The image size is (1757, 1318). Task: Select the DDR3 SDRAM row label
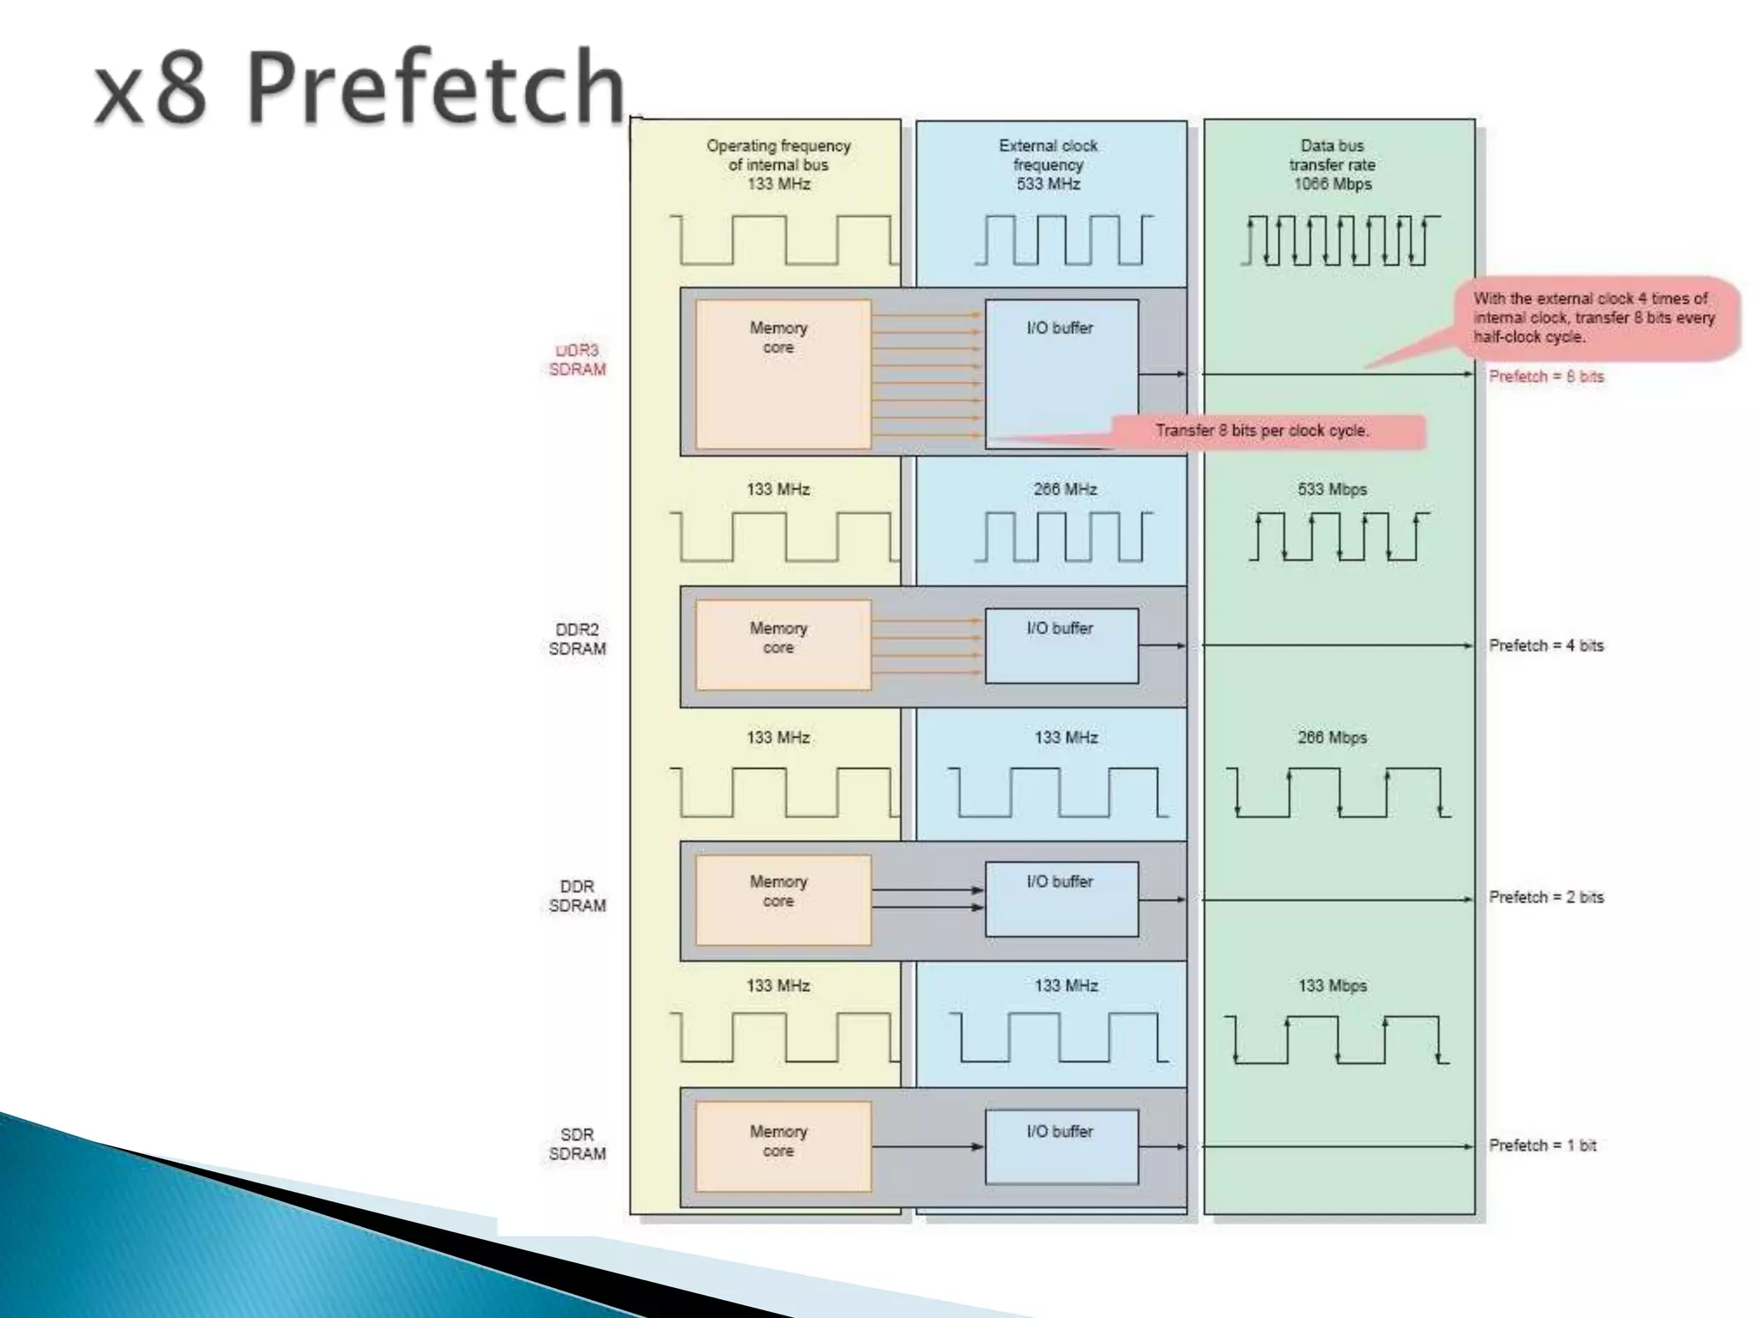(577, 360)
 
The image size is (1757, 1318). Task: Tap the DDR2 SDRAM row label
(577, 639)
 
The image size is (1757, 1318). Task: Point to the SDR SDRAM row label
(577, 1144)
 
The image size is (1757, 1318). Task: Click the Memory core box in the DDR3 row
(782, 373)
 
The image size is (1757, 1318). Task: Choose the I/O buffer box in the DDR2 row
(1061, 645)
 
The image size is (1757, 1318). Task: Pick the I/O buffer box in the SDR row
(1061, 1146)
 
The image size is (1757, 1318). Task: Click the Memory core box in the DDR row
(782, 899)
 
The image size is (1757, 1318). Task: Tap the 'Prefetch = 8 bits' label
(1546, 377)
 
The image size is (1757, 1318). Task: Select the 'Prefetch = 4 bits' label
(1546, 645)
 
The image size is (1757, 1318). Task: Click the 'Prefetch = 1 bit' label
(1543, 1146)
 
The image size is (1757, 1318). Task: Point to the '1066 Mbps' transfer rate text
(1332, 184)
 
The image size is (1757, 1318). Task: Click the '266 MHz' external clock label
(1065, 489)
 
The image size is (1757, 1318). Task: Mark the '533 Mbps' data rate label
(1332, 489)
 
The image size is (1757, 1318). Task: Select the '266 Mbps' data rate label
(1332, 737)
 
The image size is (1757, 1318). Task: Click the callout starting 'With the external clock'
(1594, 317)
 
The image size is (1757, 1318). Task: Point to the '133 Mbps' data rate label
(1332, 986)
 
